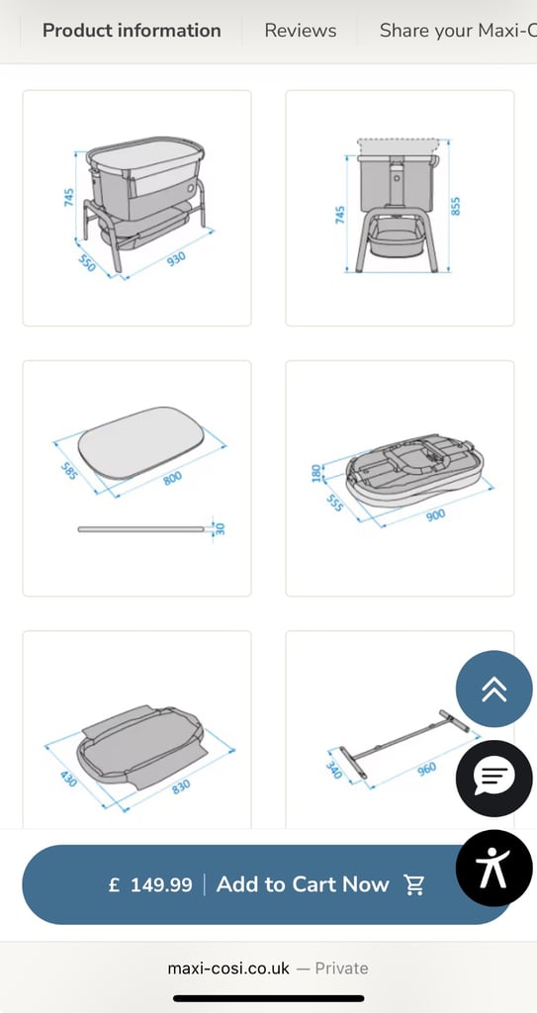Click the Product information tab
132,31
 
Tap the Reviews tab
301,31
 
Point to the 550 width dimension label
87,263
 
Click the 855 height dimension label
456,206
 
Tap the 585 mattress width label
70,471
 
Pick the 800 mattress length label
172,479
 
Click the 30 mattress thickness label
221,528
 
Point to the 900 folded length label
435,515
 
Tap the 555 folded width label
334,504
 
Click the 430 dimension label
68,779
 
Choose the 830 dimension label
181,786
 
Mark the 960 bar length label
426,769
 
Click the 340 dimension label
334,770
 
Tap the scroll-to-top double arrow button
494,689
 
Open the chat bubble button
494,778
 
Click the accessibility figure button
494,868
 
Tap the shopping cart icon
413,884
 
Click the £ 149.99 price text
150,884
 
